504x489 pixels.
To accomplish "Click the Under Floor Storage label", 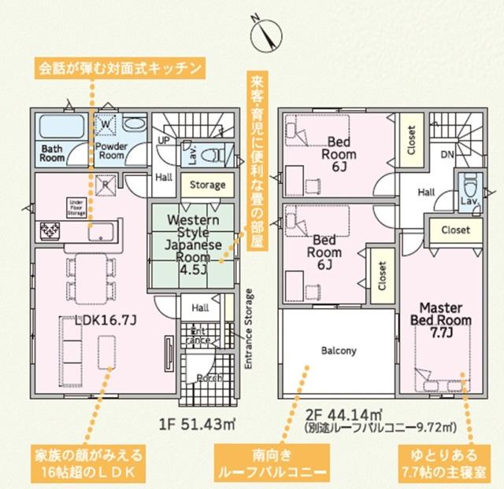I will (x=76, y=207).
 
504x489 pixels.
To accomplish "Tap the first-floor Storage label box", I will (x=207, y=186).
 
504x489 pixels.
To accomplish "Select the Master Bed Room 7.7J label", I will (x=439, y=320).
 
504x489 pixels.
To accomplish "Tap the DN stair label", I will (x=447, y=154).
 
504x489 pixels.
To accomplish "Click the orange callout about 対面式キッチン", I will (x=123, y=68).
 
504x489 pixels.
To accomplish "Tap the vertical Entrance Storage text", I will (x=250, y=329).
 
